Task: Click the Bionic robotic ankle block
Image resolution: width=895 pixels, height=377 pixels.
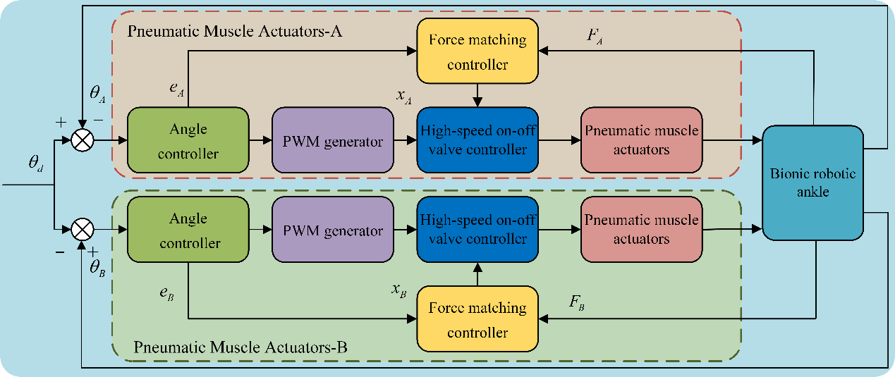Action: point(812,182)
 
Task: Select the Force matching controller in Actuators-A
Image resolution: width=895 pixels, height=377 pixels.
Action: point(477,51)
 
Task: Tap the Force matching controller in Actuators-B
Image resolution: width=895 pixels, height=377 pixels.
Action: point(477,320)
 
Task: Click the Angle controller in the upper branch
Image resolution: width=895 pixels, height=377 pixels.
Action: point(188,140)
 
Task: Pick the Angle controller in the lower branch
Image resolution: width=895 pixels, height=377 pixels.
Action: point(188,230)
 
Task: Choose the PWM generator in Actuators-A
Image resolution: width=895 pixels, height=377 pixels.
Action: point(332,141)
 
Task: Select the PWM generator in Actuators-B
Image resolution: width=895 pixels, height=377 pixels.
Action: point(332,230)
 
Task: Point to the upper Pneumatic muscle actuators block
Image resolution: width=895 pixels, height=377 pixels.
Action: point(641,140)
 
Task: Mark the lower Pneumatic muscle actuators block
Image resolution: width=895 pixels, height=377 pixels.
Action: point(641,230)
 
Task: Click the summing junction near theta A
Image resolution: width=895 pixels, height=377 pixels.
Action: point(83,141)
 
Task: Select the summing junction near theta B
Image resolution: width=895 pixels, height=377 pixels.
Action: point(83,229)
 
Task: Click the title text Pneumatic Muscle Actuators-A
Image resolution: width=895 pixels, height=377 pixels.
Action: point(236,32)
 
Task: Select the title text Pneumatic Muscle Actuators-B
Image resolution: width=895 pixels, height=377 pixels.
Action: point(239,347)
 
